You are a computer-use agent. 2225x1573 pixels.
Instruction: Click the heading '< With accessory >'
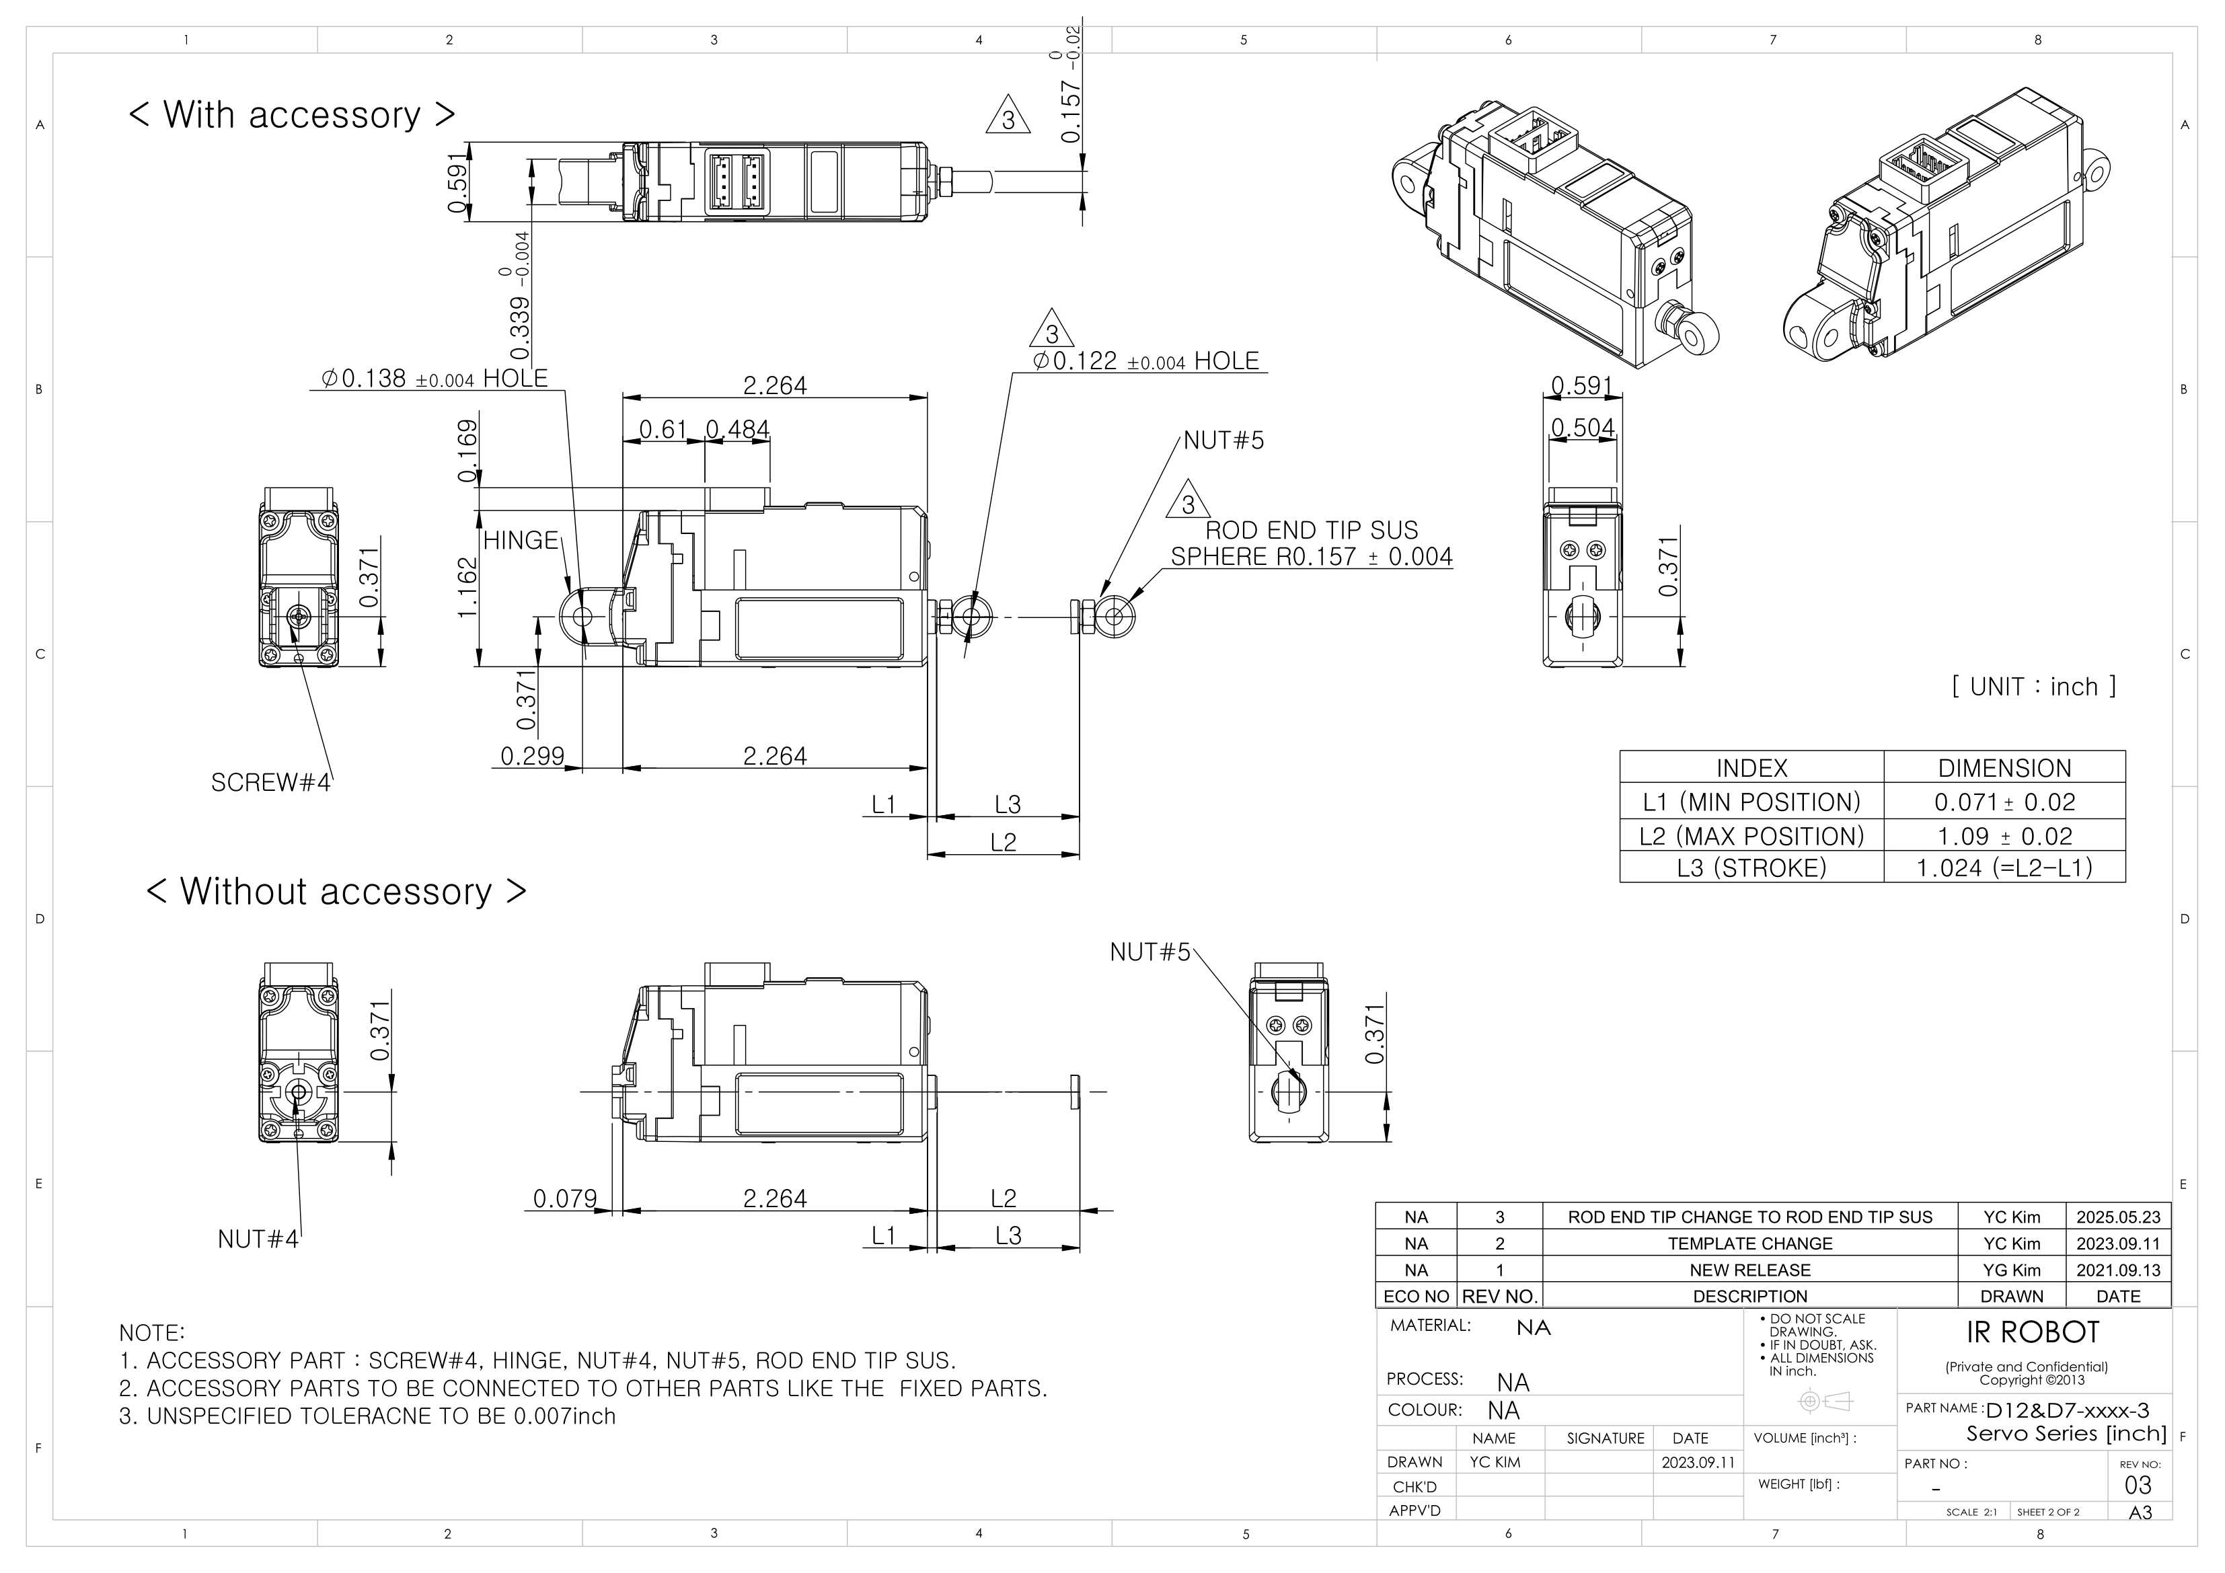(x=291, y=115)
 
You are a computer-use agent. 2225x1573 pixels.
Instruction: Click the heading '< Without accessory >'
(x=336, y=892)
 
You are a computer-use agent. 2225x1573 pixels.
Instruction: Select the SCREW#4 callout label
(x=270, y=782)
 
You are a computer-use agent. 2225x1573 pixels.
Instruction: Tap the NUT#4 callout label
(x=258, y=1239)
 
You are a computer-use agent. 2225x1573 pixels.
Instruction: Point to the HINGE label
(x=521, y=541)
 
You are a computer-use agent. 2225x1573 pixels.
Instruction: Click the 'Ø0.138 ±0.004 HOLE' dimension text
(x=434, y=379)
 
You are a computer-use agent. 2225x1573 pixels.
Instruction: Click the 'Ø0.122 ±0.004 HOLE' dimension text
(x=1145, y=362)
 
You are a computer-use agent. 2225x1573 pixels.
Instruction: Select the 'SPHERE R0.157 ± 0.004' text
(x=1311, y=558)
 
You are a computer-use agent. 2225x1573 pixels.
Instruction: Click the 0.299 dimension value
(x=532, y=756)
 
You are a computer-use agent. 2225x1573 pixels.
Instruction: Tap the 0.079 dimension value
(x=565, y=1199)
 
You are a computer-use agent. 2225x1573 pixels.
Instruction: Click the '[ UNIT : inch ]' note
(x=2033, y=687)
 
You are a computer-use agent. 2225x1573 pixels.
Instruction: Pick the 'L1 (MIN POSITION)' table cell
(x=1750, y=802)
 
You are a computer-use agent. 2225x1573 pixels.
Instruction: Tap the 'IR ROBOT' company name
(x=2031, y=1333)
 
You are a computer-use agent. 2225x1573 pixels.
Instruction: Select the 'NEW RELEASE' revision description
(x=1749, y=1270)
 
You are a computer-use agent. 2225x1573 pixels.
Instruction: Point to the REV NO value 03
(x=2137, y=1486)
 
